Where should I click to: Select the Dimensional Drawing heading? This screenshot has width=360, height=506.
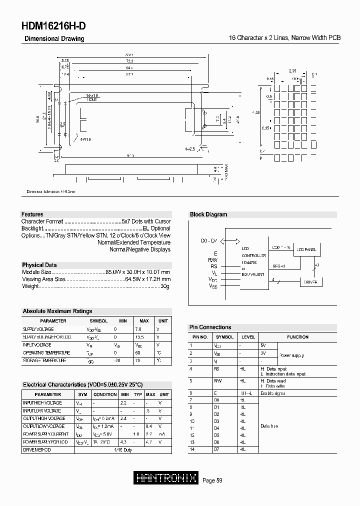pos(54,38)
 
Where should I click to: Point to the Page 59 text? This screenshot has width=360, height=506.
pos(212,480)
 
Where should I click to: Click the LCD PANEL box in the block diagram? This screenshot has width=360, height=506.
pos(306,249)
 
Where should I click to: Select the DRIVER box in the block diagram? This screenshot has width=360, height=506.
pos(311,282)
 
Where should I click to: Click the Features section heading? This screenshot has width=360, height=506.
pos(32,214)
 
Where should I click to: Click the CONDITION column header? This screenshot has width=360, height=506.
pos(105,394)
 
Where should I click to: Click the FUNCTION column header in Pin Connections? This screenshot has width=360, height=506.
pos(297,337)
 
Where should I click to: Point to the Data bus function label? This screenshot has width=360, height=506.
pos(269,425)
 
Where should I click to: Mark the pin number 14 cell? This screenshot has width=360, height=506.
pos(191,449)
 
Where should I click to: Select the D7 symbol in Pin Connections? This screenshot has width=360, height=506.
pos(216,449)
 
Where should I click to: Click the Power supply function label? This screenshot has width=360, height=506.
pos(291,355)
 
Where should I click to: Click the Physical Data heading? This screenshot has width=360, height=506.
pos(39,265)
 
